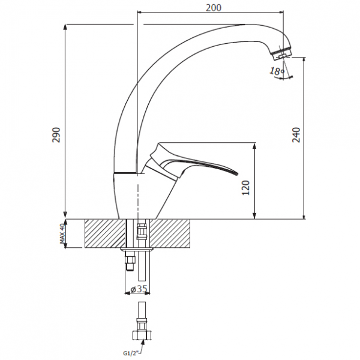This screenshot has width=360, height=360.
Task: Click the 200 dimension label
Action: tap(214, 8)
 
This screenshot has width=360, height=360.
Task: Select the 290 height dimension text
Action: tap(56, 135)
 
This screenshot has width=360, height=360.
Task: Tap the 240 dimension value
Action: tap(296, 135)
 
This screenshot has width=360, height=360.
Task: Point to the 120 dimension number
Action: tap(245, 188)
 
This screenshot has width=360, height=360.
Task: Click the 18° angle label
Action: tap(277, 71)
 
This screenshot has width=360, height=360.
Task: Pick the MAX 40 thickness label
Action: tap(62, 233)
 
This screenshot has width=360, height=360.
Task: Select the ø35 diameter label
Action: tap(139, 289)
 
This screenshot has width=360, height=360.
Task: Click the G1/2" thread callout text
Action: tap(132, 353)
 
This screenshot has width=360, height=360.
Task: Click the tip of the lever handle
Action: tap(238, 173)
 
